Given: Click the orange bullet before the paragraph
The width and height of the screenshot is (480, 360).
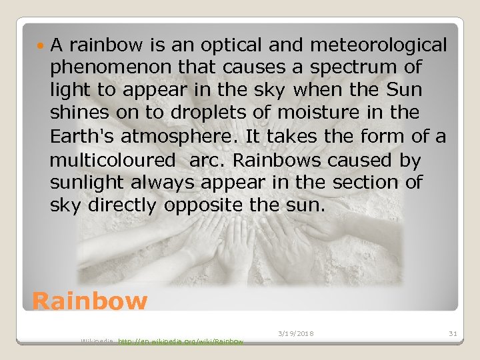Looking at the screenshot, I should point(42,45).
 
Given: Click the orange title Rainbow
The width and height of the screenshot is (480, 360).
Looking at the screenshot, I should point(89,301).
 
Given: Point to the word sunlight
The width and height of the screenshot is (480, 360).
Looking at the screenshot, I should point(85,183).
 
